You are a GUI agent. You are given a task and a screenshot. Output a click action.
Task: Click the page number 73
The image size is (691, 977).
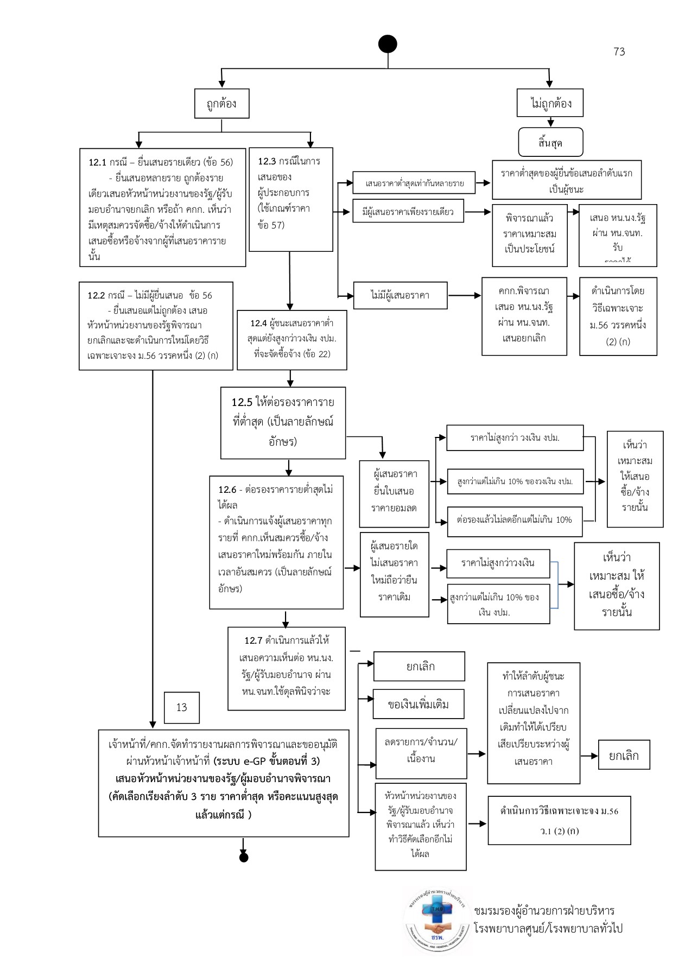619,52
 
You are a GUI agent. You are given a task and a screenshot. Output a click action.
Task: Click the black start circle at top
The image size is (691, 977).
388,44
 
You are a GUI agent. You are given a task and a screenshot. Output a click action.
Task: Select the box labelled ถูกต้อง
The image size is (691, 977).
221,104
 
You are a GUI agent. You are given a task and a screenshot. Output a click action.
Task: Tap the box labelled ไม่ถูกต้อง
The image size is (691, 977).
550,103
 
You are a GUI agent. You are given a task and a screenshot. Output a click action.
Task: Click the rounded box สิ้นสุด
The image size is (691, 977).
550,143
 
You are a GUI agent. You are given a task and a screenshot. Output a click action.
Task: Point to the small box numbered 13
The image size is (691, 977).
181,707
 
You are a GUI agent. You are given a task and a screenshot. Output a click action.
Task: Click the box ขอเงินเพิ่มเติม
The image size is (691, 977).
418,705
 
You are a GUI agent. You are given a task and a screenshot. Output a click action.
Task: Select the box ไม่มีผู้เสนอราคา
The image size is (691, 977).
400,295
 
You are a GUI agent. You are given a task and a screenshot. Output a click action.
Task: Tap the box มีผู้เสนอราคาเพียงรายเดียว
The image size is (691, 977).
408,212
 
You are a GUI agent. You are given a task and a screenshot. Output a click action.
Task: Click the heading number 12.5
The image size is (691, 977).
242,402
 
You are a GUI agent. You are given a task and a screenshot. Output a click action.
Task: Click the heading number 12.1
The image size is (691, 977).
98,162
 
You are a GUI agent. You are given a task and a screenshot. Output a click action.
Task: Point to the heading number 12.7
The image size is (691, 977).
253,640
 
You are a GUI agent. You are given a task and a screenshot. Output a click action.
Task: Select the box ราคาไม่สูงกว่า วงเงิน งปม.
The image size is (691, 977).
515,438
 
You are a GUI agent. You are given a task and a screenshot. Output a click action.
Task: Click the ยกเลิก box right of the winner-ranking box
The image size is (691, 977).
624,755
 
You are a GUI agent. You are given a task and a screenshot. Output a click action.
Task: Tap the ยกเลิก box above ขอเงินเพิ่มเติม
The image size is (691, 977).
419,667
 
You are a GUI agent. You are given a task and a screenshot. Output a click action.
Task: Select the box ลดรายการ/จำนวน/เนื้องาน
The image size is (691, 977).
421,753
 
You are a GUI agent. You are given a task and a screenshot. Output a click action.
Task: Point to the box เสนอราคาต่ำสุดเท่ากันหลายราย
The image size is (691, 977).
414,183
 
